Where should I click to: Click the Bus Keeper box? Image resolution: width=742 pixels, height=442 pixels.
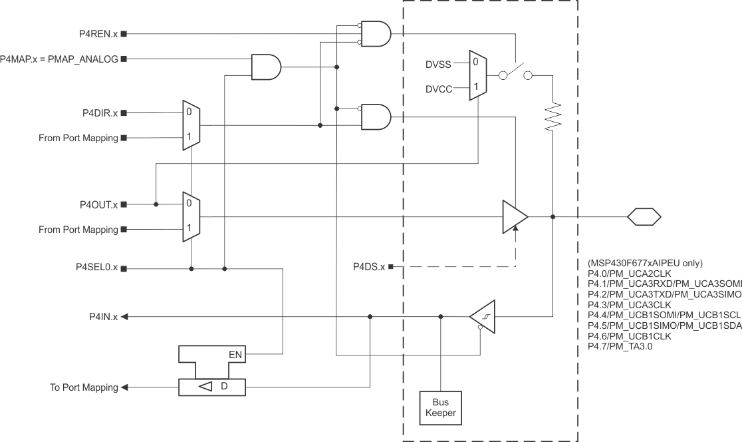pos(441,407)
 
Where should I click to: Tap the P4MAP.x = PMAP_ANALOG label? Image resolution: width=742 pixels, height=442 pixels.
pos(59,59)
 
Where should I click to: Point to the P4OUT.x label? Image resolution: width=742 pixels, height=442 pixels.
pos(97,204)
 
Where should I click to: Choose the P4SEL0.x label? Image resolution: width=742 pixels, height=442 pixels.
pos(96,268)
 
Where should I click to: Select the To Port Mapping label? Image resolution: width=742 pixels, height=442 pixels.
pos(84,387)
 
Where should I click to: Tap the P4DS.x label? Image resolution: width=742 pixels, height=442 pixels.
pos(368,267)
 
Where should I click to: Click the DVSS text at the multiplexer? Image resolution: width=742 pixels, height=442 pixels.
pos(438,65)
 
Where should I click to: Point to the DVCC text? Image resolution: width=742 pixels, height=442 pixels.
pos(439,88)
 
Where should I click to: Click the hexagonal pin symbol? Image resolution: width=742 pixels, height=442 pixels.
pos(644,216)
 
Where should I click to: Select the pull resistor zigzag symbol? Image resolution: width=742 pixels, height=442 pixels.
pos(553,117)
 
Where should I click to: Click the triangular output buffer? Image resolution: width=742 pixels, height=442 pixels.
pos(514,216)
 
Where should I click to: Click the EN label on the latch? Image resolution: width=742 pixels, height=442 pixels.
pos(235,355)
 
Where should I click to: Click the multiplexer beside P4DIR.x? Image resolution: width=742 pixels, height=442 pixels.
pos(191,125)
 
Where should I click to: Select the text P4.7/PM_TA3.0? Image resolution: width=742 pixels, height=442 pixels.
pos(620,346)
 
